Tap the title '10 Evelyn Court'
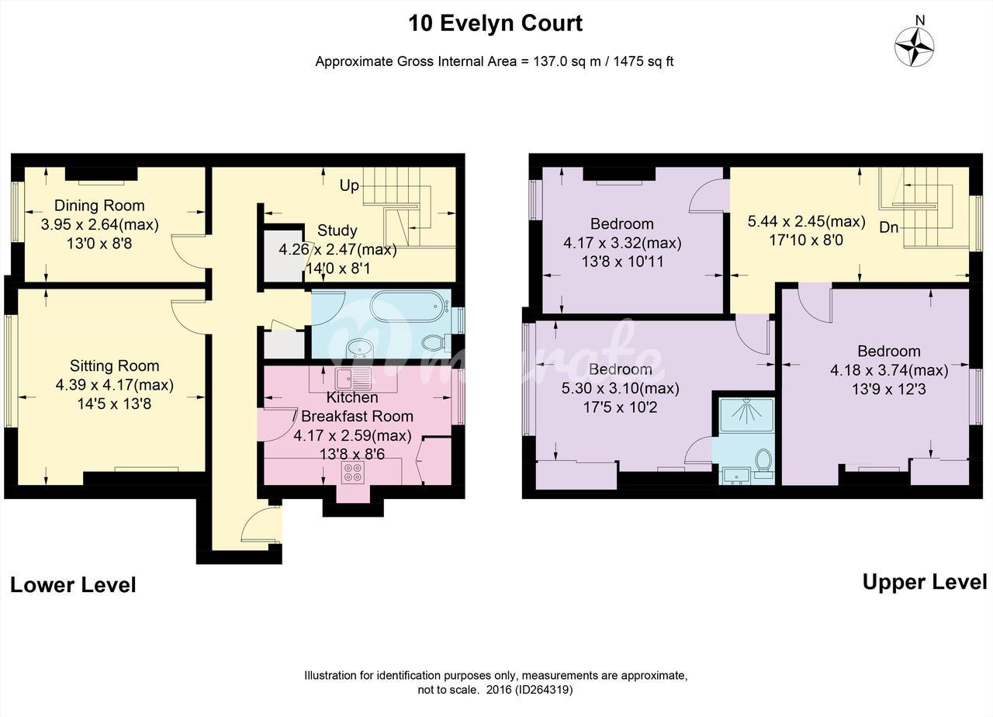click(495, 23)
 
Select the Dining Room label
click(99, 206)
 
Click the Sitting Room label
click(114, 365)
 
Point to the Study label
click(337, 230)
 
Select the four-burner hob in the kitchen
click(353, 472)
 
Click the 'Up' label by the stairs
click(349, 185)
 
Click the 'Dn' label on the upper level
click(889, 227)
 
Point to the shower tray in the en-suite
click(747, 415)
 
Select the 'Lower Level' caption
click(73, 585)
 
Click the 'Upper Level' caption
click(925, 582)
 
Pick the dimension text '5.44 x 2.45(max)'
click(806, 221)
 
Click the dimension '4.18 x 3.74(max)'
click(889, 370)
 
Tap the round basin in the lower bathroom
click(359, 348)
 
